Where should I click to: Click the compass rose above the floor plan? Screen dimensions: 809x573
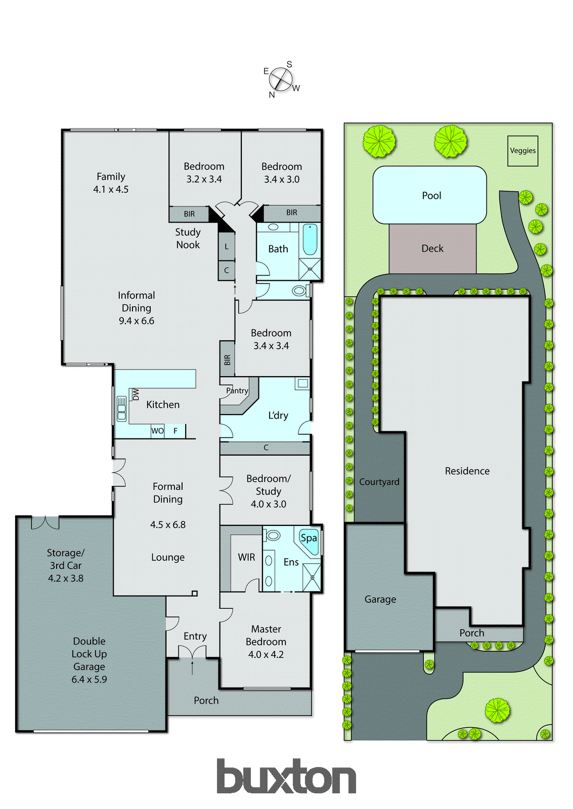pos(281,79)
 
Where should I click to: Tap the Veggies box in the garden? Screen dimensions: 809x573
pos(523,151)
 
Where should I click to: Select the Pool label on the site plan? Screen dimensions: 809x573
pos(431,196)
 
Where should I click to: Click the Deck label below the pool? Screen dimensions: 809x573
pos(432,248)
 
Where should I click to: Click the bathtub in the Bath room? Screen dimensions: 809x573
pos(310,240)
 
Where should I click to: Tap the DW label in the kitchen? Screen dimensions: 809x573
pos(136,394)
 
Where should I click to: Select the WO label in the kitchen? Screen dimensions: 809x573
pos(157,431)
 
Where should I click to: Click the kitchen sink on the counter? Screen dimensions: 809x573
pos(121,409)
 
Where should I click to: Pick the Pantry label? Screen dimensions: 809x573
pos(237,390)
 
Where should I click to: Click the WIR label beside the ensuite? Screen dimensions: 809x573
pos(246,557)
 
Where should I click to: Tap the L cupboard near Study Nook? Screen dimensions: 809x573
pos(227,246)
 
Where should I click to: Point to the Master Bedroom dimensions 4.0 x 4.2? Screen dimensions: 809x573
pos(266,654)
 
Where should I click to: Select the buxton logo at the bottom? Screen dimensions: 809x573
pos(286,777)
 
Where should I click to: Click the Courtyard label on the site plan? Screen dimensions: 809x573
pos(379,482)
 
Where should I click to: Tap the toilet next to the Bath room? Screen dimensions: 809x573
pos(300,290)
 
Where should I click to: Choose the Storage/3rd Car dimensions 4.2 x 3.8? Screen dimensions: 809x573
pos(66,578)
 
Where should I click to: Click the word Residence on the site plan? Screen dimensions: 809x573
pos(467,471)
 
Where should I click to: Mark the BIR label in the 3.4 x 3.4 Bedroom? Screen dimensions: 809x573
pos(227,359)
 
